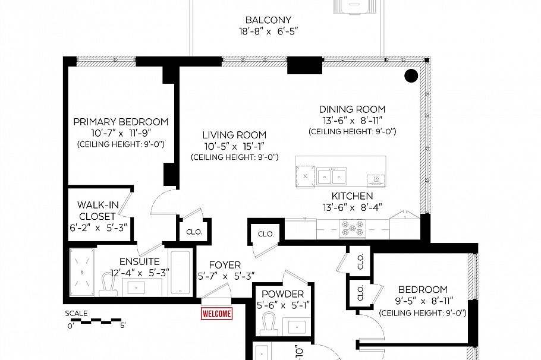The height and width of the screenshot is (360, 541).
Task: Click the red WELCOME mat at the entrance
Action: (216, 314)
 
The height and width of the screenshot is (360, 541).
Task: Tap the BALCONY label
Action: (268, 20)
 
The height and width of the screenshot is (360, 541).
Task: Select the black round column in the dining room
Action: (411, 75)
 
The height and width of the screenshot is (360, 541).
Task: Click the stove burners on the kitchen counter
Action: (353, 228)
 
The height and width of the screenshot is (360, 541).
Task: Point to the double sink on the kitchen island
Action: (332, 176)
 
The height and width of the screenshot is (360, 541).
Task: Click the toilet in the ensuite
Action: (108, 285)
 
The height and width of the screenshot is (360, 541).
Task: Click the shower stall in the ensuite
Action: (82, 272)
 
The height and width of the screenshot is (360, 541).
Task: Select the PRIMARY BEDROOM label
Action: (121, 122)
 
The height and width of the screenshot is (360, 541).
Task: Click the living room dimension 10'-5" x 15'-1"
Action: (234, 146)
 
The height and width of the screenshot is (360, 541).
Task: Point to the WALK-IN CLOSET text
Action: (98, 211)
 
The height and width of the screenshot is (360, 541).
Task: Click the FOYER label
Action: (225, 265)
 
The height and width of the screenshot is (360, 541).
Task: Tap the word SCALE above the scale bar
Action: (76, 314)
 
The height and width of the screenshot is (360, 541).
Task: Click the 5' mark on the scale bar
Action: (122, 325)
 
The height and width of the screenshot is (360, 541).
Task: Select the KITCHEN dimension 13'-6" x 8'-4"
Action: (353, 207)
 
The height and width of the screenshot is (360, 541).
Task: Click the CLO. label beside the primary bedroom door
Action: (194, 232)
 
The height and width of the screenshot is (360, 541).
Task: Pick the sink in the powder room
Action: (297, 326)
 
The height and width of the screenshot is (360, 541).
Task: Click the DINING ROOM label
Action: (353, 109)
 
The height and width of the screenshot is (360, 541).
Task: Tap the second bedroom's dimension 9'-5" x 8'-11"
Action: (424, 301)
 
